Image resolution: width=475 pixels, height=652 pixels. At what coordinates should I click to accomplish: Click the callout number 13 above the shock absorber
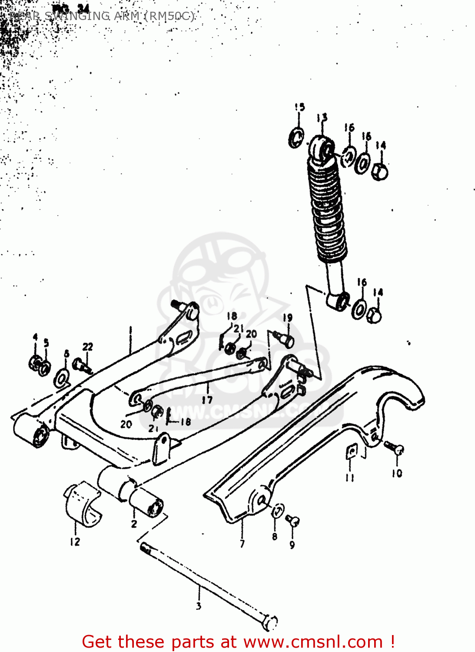322,117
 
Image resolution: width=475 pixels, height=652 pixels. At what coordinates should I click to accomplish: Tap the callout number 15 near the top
299,107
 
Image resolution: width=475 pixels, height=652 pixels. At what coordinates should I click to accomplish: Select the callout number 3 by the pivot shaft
199,605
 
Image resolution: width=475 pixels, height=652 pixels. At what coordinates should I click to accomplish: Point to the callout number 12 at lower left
75,542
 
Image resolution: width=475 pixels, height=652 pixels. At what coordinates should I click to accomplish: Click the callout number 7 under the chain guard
242,543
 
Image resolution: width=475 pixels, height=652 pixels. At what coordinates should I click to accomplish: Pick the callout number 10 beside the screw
397,473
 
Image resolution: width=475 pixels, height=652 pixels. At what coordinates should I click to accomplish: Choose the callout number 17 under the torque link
207,399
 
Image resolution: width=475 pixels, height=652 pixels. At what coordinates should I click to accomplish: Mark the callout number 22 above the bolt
88,346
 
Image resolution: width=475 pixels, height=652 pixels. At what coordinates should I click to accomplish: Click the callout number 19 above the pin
288,318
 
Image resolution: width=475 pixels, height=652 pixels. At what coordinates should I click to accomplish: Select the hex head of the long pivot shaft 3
270,622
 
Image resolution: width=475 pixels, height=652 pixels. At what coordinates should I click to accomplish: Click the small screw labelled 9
292,520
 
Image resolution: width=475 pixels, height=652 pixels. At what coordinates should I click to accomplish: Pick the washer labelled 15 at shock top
297,138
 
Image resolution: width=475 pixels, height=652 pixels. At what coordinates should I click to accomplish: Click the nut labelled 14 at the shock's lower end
374,315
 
